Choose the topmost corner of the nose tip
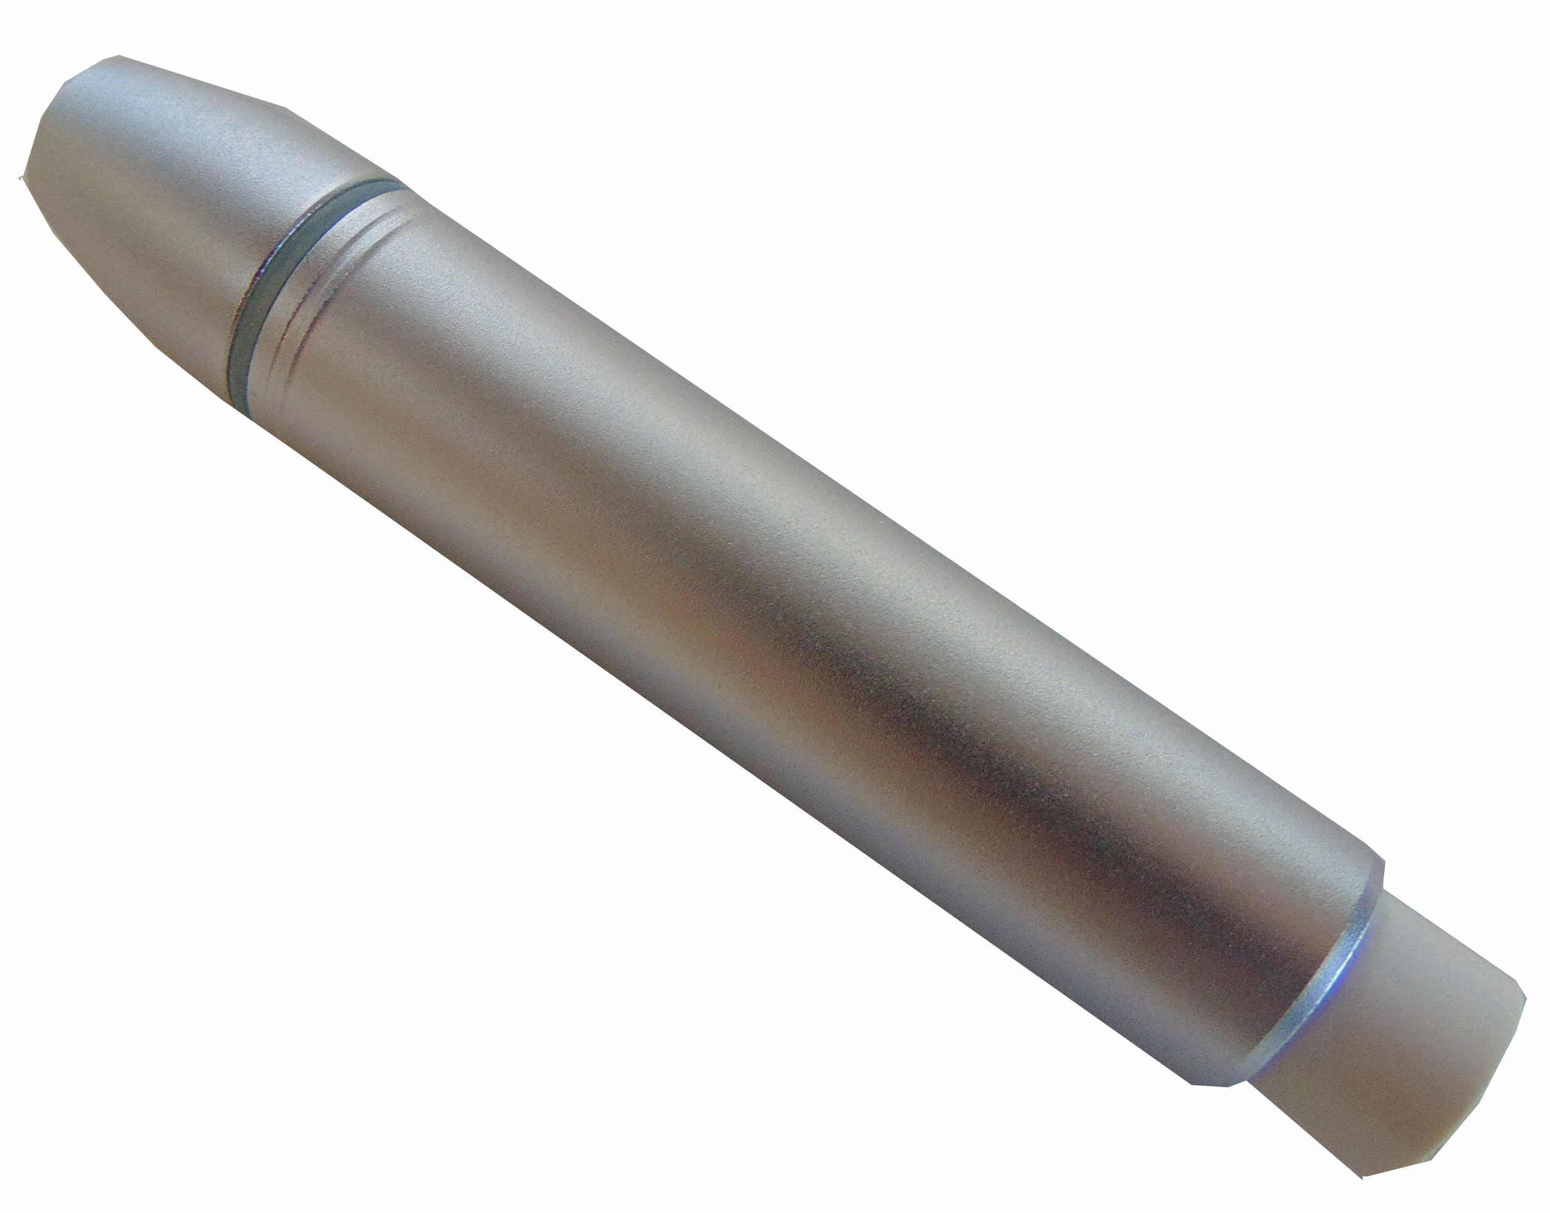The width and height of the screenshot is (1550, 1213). [x=117, y=56]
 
